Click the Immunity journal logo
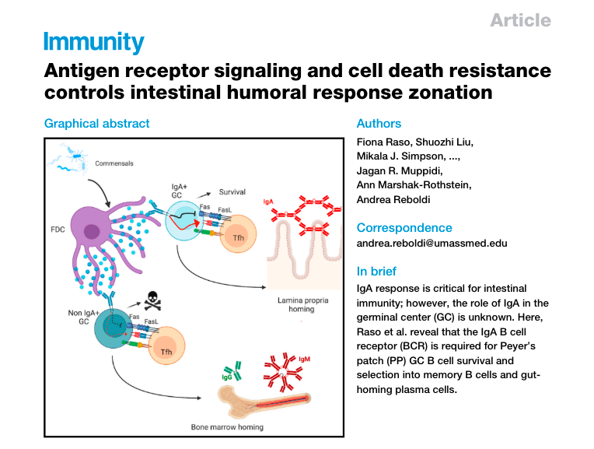click(94, 42)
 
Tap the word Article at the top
click(520, 20)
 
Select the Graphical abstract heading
click(97, 123)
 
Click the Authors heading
click(379, 123)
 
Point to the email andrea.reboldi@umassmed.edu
click(432, 243)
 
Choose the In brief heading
click(376, 271)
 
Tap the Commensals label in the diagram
click(114, 163)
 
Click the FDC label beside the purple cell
click(57, 231)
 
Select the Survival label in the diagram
click(232, 191)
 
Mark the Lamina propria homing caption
click(298, 303)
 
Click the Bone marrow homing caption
click(227, 426)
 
